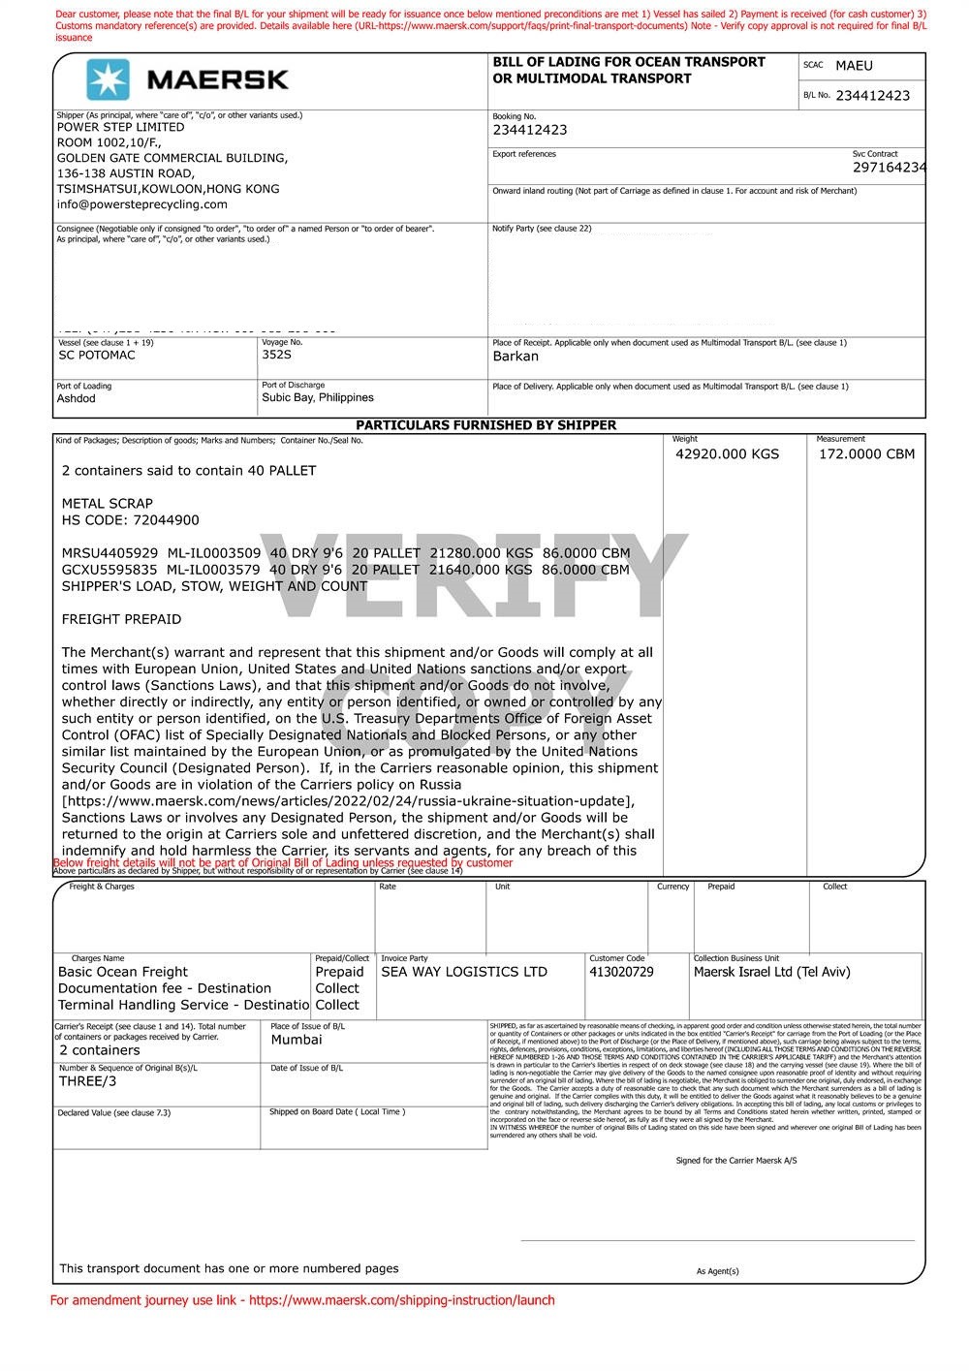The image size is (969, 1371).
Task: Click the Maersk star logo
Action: [108, 79]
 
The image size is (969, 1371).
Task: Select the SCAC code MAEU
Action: [854, 66]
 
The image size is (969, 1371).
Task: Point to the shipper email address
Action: [141, 204]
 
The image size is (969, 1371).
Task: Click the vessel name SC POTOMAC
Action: [97, 356]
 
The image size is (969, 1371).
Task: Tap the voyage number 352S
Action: [276, 355]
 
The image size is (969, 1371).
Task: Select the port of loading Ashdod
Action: [77, 399]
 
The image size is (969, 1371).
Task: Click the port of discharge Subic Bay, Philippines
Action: [317, 398]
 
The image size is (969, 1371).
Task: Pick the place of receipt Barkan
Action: [516, 357]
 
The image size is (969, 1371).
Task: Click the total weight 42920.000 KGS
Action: [727, 454]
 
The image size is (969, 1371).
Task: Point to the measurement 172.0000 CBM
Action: [866, 454]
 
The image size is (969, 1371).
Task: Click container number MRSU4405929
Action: [109, 553]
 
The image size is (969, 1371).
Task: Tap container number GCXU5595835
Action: [109, 570]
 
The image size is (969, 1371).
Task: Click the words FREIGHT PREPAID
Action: [121, 619]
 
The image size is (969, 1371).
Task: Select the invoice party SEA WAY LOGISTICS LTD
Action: [464, 972]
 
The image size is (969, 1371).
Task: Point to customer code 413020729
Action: [621, 972]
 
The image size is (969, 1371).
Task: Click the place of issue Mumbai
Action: [297, 1040]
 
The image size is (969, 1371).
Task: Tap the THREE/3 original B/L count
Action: [87, 1081]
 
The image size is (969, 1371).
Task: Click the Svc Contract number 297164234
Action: [889, 168]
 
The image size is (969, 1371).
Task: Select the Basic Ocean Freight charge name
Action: [123, 972]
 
